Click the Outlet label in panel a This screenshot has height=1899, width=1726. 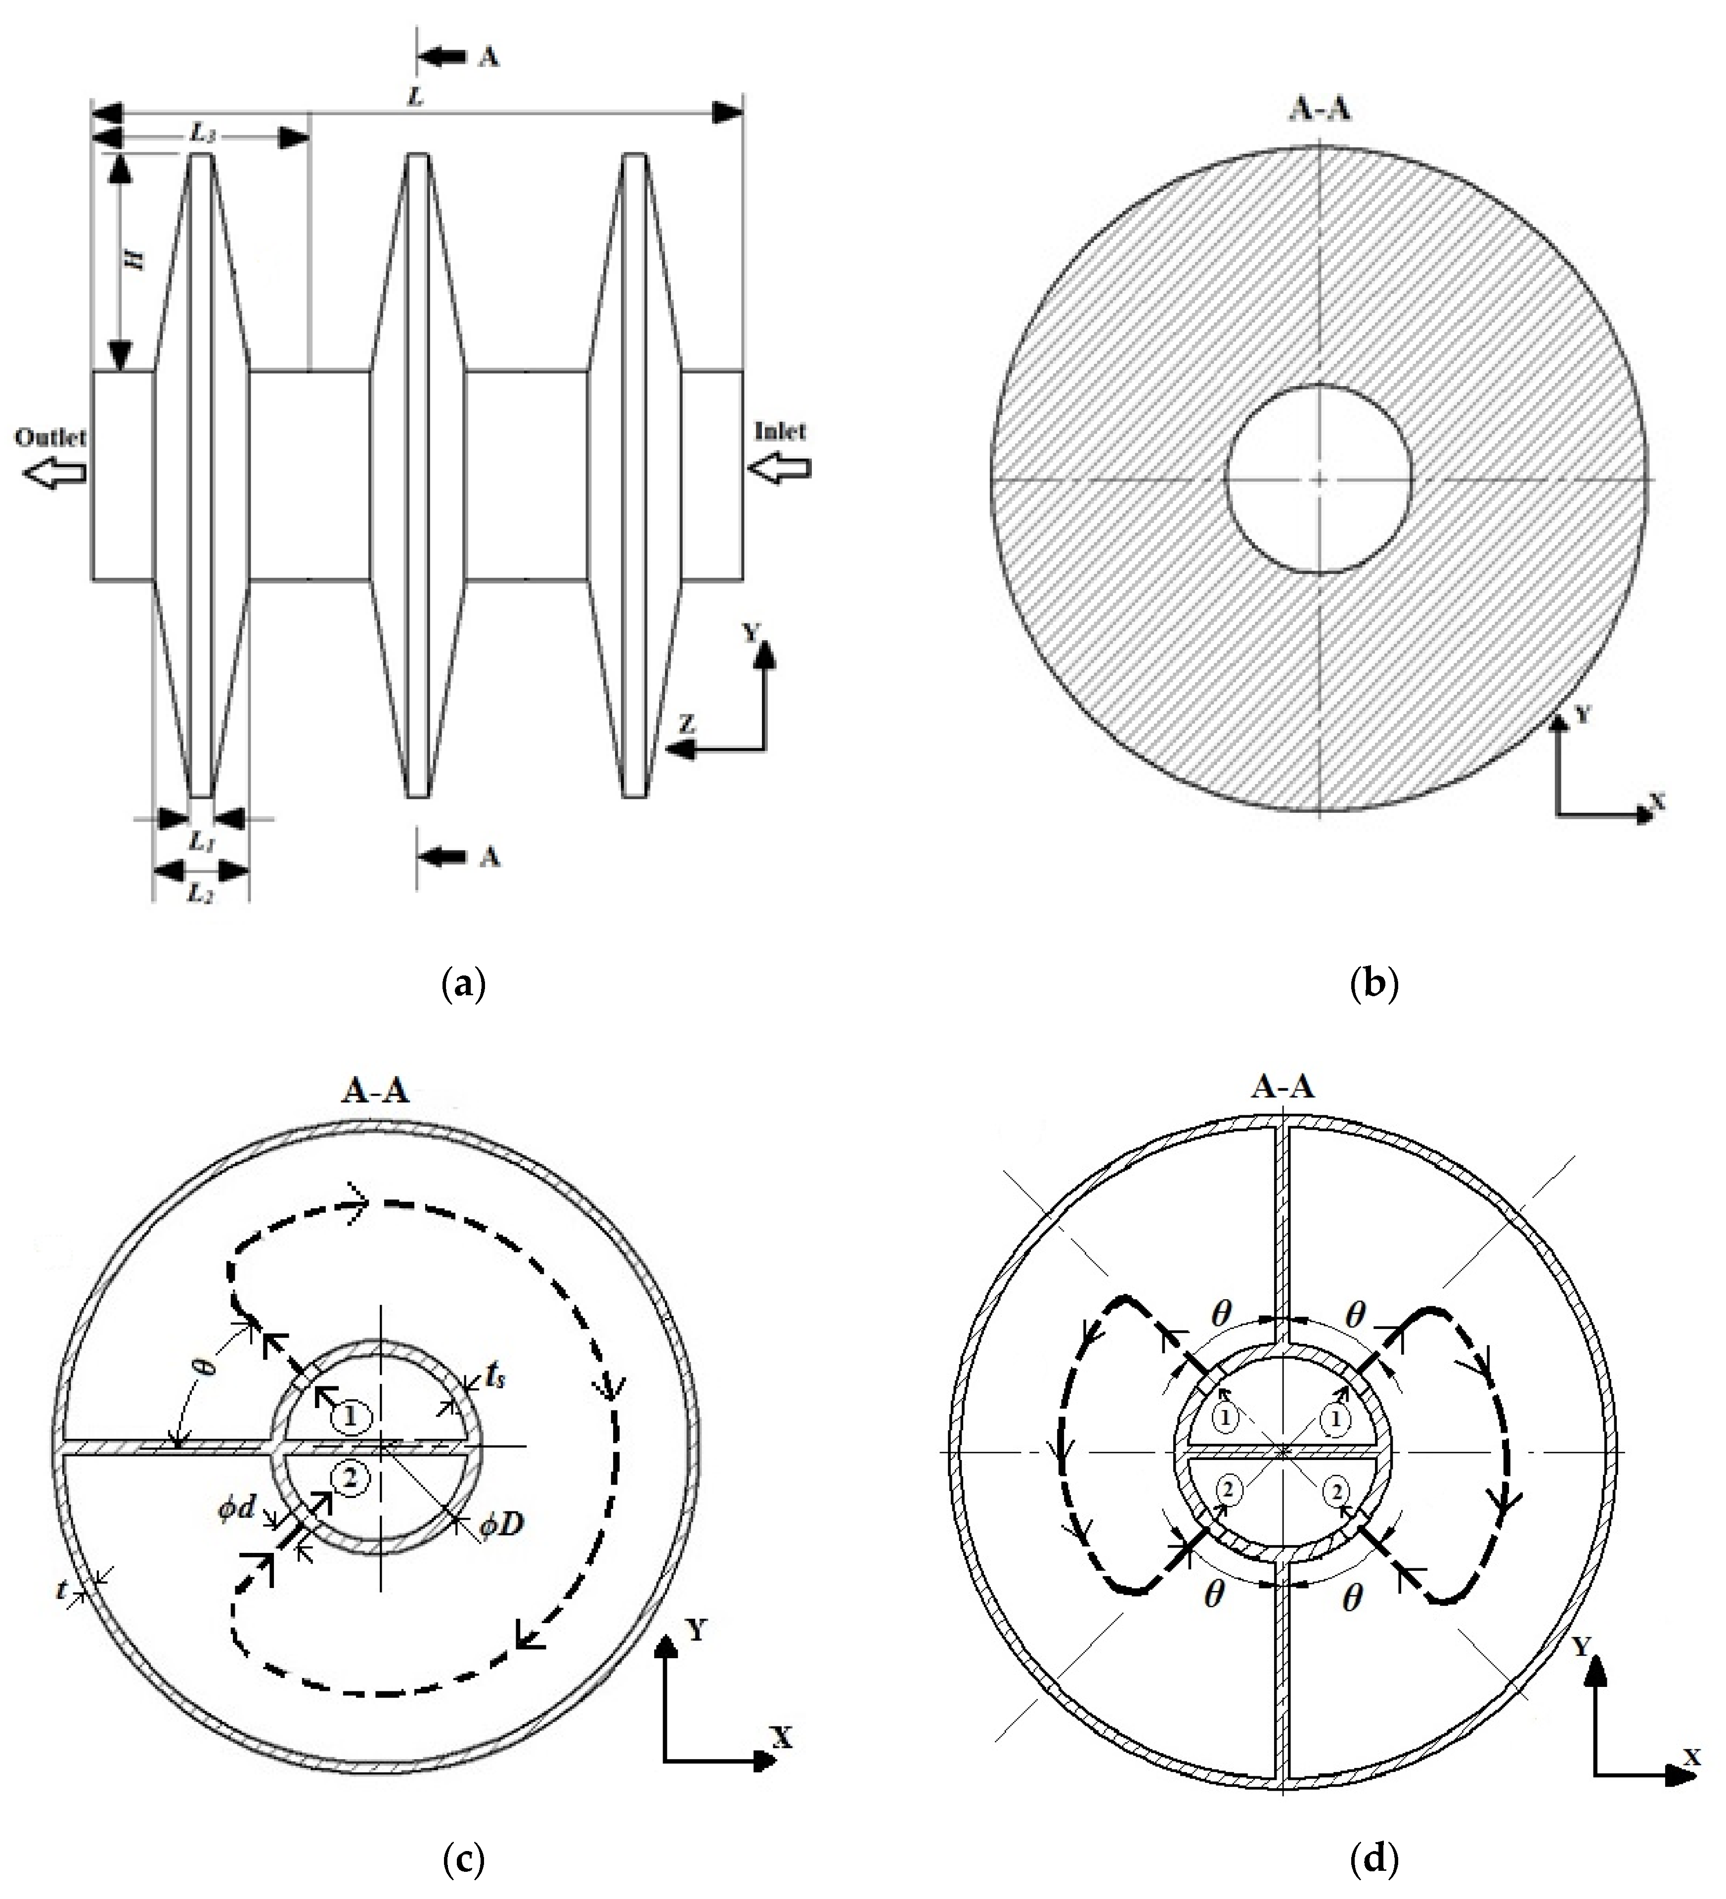click(x=50, y=437)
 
